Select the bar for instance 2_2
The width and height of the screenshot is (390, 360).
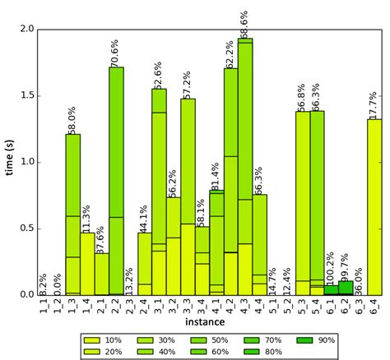(x=116, y=181)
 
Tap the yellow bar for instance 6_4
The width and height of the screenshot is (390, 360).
(x=374, y=205)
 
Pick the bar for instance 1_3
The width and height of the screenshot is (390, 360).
(x=73, y=214)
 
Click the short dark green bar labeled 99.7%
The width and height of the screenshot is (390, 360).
(x=346, y=288)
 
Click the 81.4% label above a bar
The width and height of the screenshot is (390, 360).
(x=216, y=175)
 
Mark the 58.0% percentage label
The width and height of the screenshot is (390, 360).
(x=72, y=118)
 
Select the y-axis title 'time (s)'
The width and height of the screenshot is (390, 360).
(x=10, y=162)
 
